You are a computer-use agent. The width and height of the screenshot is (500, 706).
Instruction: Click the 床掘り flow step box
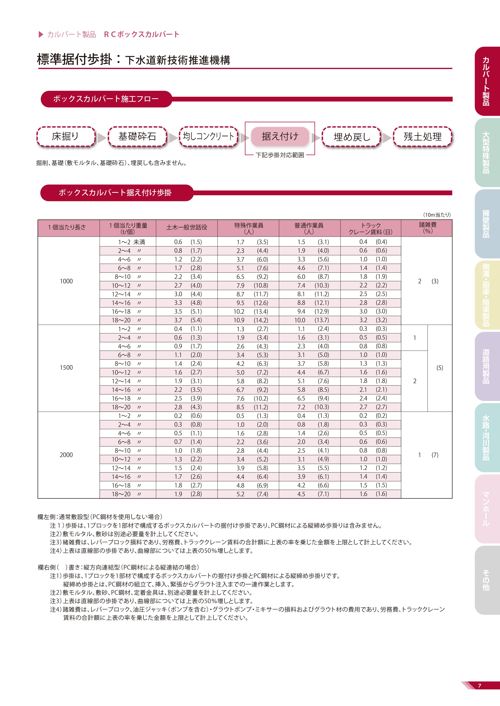65,136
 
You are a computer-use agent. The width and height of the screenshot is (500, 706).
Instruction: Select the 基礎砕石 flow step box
137,136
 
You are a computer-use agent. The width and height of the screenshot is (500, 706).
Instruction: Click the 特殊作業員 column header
248,228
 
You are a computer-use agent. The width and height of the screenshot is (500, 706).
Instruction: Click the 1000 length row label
66,281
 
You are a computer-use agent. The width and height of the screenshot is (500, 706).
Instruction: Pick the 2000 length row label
66,455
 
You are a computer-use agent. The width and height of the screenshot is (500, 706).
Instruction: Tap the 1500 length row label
66,367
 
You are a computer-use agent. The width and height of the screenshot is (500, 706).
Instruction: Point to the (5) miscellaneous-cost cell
440,368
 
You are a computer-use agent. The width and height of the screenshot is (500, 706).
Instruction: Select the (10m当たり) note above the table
437,215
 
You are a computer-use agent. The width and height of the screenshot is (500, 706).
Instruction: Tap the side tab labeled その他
486,580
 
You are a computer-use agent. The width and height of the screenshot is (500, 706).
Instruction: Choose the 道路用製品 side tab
486,366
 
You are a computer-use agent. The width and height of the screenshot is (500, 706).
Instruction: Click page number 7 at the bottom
479,685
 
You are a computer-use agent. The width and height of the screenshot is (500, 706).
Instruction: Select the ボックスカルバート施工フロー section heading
106,99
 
